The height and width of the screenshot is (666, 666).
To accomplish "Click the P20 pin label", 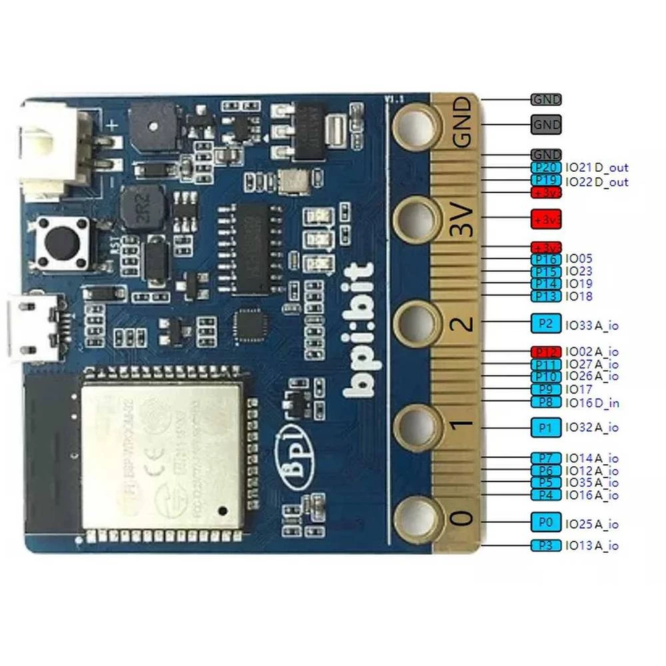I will tap(546, 168).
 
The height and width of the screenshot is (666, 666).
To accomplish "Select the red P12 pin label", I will tap(546, 351).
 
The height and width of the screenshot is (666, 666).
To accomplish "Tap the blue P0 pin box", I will tap(546, 521).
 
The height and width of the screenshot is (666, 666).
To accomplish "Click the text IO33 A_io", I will tap(592, 325).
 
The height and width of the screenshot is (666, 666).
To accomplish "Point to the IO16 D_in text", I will tap(592, 402).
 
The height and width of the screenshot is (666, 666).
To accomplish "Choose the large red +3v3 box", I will tap(546, 218).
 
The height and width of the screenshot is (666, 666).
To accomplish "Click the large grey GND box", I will tap(546, 124).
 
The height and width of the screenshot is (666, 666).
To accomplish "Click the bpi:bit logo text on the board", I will tap(362, 330).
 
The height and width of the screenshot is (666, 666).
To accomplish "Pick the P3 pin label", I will tap(546, 545).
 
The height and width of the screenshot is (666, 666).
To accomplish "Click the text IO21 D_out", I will tap(596, 168).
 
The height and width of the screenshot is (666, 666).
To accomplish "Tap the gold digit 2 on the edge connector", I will tap(466, 323).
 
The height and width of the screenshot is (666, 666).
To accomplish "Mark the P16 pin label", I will tap(546, 259).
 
